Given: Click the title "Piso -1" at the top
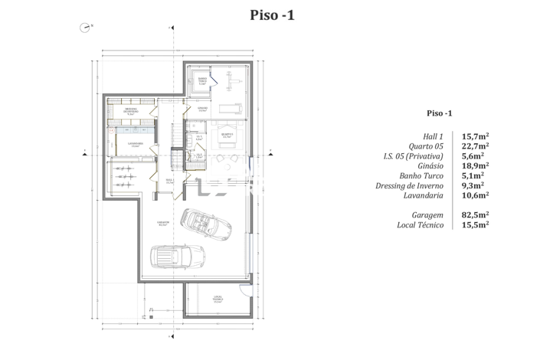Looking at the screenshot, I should point(272,15).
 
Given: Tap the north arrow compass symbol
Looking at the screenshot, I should point(83,27).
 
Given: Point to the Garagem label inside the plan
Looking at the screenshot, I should point(163,224).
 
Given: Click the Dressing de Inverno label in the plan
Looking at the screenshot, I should point(131,111).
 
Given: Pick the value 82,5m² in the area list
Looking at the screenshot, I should point(476,215).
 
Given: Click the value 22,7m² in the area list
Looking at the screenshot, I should point(476,146).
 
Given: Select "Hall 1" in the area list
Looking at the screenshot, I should point(434,136).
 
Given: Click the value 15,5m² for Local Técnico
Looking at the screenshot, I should point(476,225).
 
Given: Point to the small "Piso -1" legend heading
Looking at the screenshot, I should point(439,113).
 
